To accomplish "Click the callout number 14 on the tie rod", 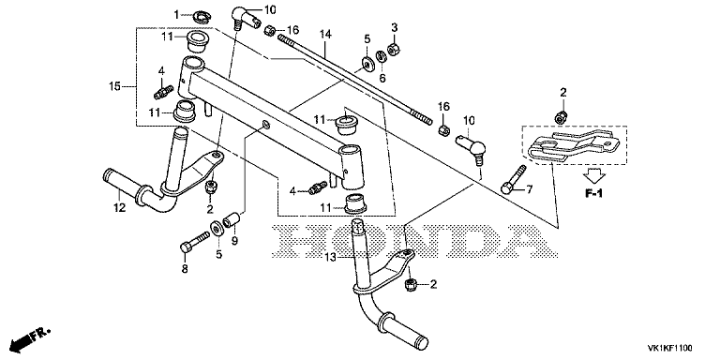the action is click(x=325, y=34).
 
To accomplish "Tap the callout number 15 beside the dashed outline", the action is click(x=113, y=85).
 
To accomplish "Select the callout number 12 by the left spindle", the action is click(x=119, y=208).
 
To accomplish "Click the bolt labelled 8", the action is click(x=195, y=242).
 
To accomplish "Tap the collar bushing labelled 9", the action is click(x=231, y=219).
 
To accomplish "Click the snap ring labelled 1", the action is click(x=199, y=17).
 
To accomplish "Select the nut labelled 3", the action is click(x=393, y=48).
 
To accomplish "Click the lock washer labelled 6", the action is click(x=381, y=56).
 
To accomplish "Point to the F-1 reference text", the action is click(x=593, y=194).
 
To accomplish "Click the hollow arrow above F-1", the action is click(x=593, y=175).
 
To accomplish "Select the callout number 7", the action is click(x=529, y=188).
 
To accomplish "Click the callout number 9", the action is click(x=234, y=240).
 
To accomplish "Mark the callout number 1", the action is click(x=176, y=15).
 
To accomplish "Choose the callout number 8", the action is click(x=185, y=269).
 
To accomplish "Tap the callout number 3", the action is click(x=394, y=26).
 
